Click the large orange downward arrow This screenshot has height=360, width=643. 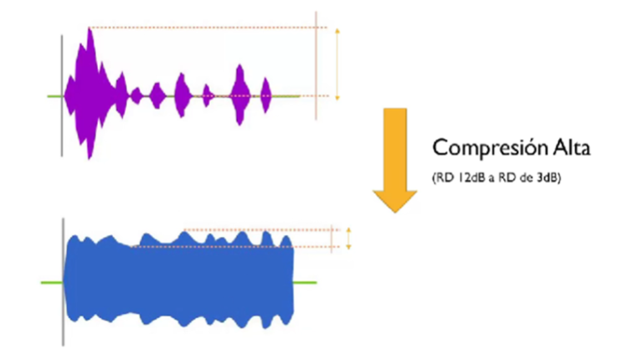pos(394,159)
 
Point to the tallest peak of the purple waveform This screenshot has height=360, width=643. pos(90,33)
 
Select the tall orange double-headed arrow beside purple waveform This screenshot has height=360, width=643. pos(337,64)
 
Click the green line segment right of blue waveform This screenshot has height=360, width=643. pos(306,282)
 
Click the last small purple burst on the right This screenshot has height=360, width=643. pos(266,90)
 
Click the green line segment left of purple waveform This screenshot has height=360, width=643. pos(54,96)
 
